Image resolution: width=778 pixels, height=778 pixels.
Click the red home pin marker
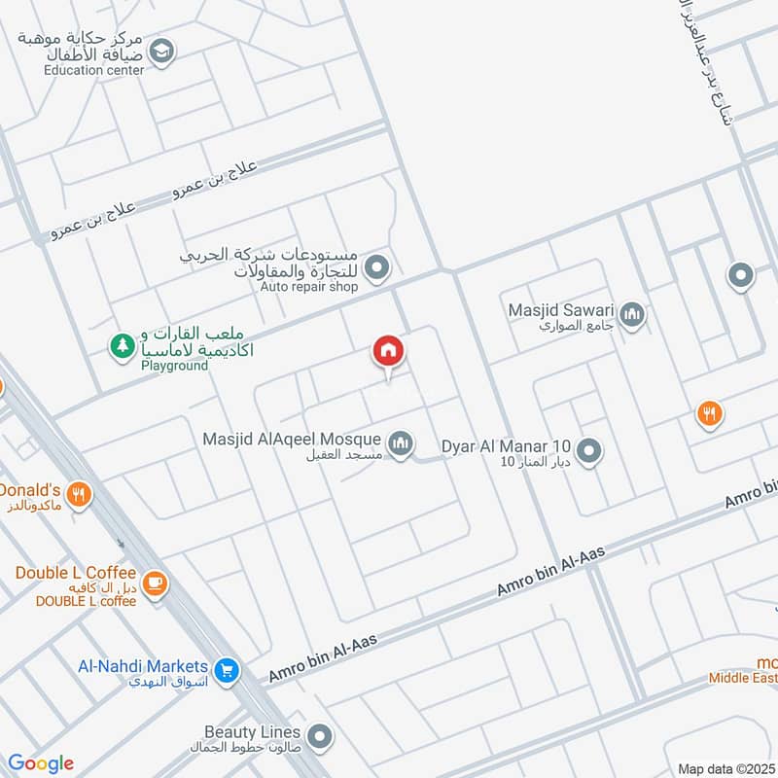click(x=388, y=352)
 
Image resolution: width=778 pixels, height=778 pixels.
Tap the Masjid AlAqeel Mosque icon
click(x=400, y=444)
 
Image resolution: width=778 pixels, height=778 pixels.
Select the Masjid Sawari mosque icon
click(x=633, y=315)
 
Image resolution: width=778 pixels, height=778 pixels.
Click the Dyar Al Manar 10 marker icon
click(x=588, y=451)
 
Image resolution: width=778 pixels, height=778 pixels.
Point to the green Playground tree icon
click(x=123, y=346)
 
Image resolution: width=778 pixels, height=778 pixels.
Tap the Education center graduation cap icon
click(x=162, y=52)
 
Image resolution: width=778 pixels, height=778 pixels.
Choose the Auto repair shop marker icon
click(x=379, y=265)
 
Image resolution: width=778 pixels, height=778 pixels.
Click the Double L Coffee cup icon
click(x=155, y=583)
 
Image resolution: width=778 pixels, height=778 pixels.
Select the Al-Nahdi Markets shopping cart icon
click(x=227, y=670)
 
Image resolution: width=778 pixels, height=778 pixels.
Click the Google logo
click(x=41, y=763)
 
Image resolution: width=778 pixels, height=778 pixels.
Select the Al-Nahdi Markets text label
click(x=143, y=666)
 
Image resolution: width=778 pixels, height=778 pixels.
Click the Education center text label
click(x=94, y=70)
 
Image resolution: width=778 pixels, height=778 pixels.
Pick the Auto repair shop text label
click(x=309, y=287)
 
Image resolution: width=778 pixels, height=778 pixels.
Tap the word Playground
click(x=175, y=366)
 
